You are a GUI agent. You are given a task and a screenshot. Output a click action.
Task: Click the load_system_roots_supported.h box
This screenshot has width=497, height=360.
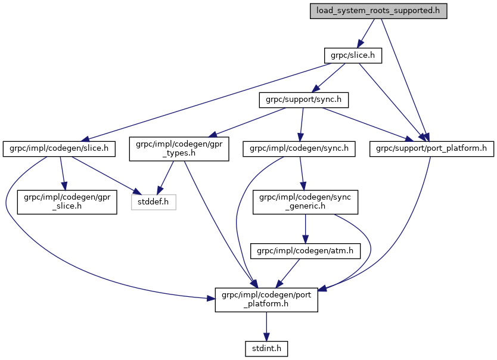point(378,11)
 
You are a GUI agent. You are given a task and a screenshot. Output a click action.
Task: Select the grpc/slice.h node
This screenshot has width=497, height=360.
point(352,55)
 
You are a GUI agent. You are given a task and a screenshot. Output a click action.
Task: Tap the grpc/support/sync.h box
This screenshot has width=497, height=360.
point(303,100)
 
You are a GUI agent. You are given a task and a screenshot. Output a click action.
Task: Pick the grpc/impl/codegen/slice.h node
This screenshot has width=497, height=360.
point(60,147)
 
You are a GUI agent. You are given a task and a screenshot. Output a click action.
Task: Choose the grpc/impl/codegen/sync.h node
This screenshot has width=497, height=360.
point(299,147)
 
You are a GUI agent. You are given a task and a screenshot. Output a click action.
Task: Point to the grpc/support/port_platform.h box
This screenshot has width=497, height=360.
point(431,147)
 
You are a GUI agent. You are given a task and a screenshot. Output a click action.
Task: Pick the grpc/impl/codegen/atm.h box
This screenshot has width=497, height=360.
point(305,251)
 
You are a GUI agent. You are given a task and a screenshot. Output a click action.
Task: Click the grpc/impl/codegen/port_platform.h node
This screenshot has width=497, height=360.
point(266,299)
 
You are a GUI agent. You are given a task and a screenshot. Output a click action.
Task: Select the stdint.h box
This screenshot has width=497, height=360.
point(266,347)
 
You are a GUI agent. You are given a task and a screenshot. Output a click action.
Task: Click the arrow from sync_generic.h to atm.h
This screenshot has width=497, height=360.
point(305,228)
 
